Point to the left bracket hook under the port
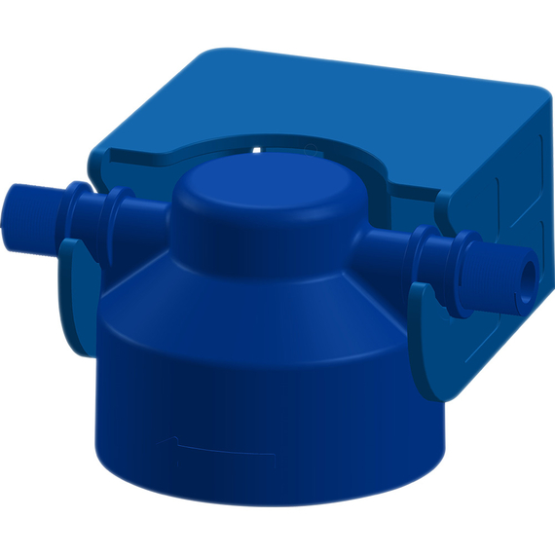78,292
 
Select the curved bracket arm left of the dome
146,161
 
